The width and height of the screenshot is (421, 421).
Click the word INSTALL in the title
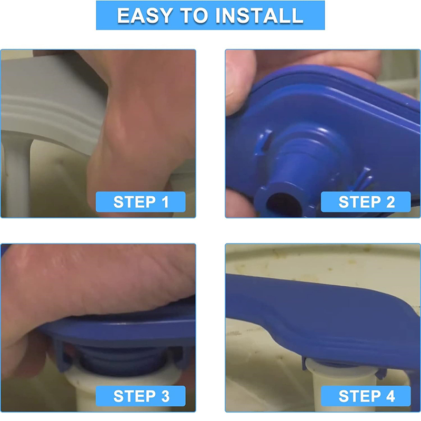[x=259, y=16]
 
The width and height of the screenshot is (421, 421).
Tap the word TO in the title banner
[x=194, y=16]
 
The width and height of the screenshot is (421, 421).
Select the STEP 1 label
[x=141, y=202]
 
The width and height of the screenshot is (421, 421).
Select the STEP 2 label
[x=366, y=202]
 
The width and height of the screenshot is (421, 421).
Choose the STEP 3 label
[x=141, y=396]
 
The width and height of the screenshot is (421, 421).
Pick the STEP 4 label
[x=366, y=396]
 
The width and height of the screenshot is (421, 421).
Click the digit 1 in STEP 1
[x=165, y=202]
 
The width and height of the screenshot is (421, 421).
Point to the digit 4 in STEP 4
[x=390, y=396]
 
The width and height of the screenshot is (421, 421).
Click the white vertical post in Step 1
[x=17, y=177]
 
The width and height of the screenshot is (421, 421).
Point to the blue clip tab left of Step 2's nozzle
[x=265, y=142]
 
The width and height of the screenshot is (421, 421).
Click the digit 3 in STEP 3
[x=165, y=396]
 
